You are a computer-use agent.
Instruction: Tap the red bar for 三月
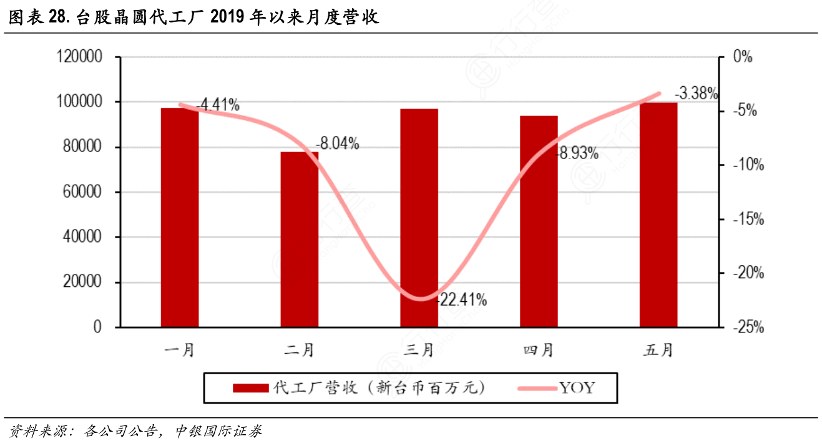(x=419, y=218)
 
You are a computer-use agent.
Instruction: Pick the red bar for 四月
(x=539, y=221)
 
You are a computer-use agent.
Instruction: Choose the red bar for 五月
(x=658, y=215)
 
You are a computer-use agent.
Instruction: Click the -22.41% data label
(x=461, y=300)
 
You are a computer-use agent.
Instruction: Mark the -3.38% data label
(x=695, y=94)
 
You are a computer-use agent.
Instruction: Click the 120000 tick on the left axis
(x=81, y=57)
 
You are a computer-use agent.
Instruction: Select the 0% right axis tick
(x=743, y=57)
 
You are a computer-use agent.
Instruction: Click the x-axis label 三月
(x=419, y=350)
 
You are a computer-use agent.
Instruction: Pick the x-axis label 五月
(x=658, y=350)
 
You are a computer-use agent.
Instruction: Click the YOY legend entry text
(x=577, y=388)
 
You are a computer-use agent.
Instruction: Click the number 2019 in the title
(x=227, y=17)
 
